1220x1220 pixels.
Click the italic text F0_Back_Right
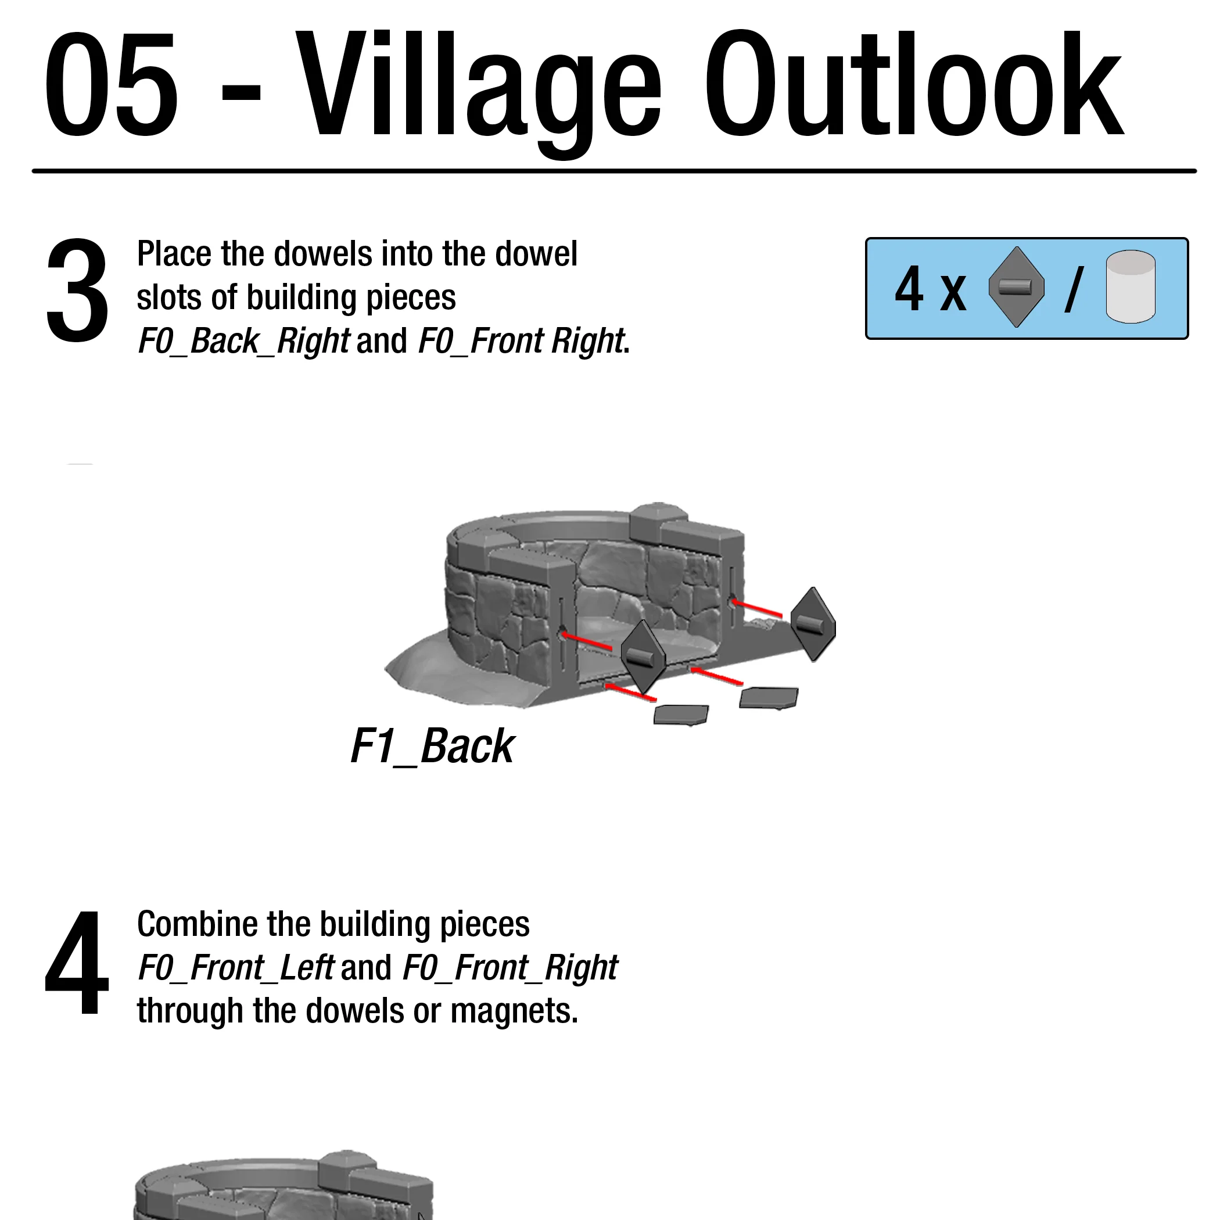pos(243,342)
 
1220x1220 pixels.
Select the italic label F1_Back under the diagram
pos(433,747)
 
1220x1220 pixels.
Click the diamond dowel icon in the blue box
pos(1016,288)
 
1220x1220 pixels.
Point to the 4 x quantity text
pos(930,289)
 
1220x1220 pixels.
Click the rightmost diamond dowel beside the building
pos(813,624)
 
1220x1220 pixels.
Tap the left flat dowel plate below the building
pos(681,715)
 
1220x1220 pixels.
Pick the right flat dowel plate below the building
pos(769,698)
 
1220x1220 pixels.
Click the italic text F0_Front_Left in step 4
pos(235,968)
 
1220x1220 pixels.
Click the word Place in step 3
pos(174,254)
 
